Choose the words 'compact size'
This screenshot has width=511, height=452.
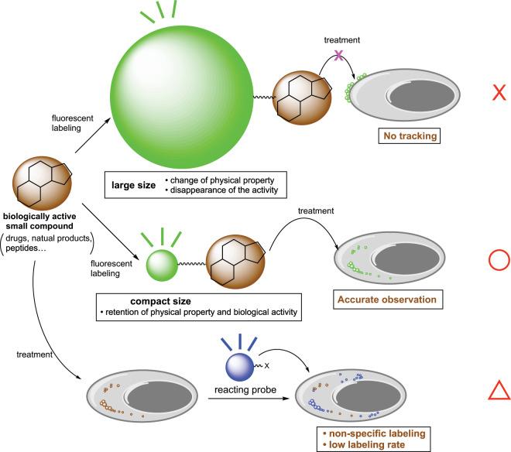pyautogui.click(x=143, y=301)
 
